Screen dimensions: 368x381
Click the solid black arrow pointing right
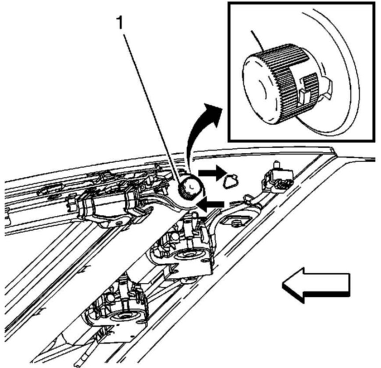click(x=208, y=174)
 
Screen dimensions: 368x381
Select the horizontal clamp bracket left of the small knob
click(x=107, y=204)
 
